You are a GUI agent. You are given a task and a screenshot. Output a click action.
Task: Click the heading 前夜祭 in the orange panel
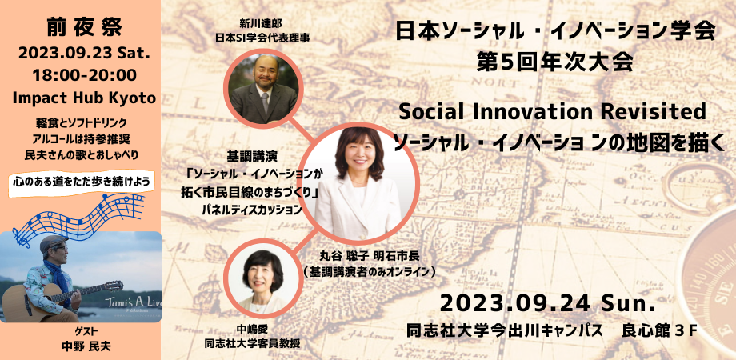click(84, 29)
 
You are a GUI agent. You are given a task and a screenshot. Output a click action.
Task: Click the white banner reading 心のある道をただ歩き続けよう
click(82, 182)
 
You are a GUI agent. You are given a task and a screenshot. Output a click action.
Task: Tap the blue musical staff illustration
click(78, 217)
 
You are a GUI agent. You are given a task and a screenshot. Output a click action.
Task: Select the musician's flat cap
click(53, 244)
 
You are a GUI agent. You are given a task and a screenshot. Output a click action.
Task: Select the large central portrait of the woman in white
click(358, 183)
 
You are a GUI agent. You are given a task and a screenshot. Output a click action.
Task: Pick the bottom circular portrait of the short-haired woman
click(262, 279)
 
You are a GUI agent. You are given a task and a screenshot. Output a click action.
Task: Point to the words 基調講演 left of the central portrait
click(247, 155)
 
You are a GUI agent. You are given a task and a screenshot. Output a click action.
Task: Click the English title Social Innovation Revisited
click(553, 112)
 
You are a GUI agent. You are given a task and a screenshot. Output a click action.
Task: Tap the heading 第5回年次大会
click(553, 63)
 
